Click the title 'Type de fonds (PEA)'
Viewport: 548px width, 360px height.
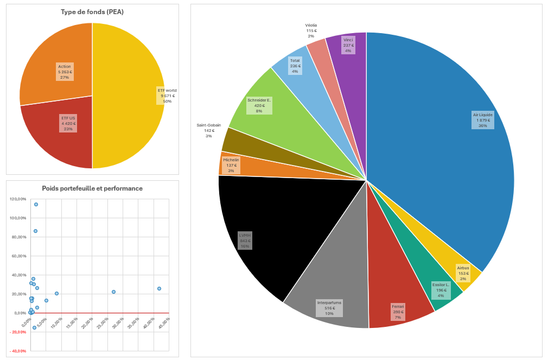coord(92,12)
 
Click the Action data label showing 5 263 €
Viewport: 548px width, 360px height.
coord(65,72)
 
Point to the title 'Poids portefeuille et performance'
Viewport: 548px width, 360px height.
coord(92,188)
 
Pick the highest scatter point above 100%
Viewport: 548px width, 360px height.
coord(36,205)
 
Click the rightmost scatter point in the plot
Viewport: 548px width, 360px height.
coord(159,289)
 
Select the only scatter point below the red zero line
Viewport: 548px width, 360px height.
coord(34,327)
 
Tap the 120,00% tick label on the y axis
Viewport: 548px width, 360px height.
coord(18,199)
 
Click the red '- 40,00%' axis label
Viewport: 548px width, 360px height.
coord(18,351)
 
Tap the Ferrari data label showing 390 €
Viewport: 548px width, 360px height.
coord(398,312)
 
